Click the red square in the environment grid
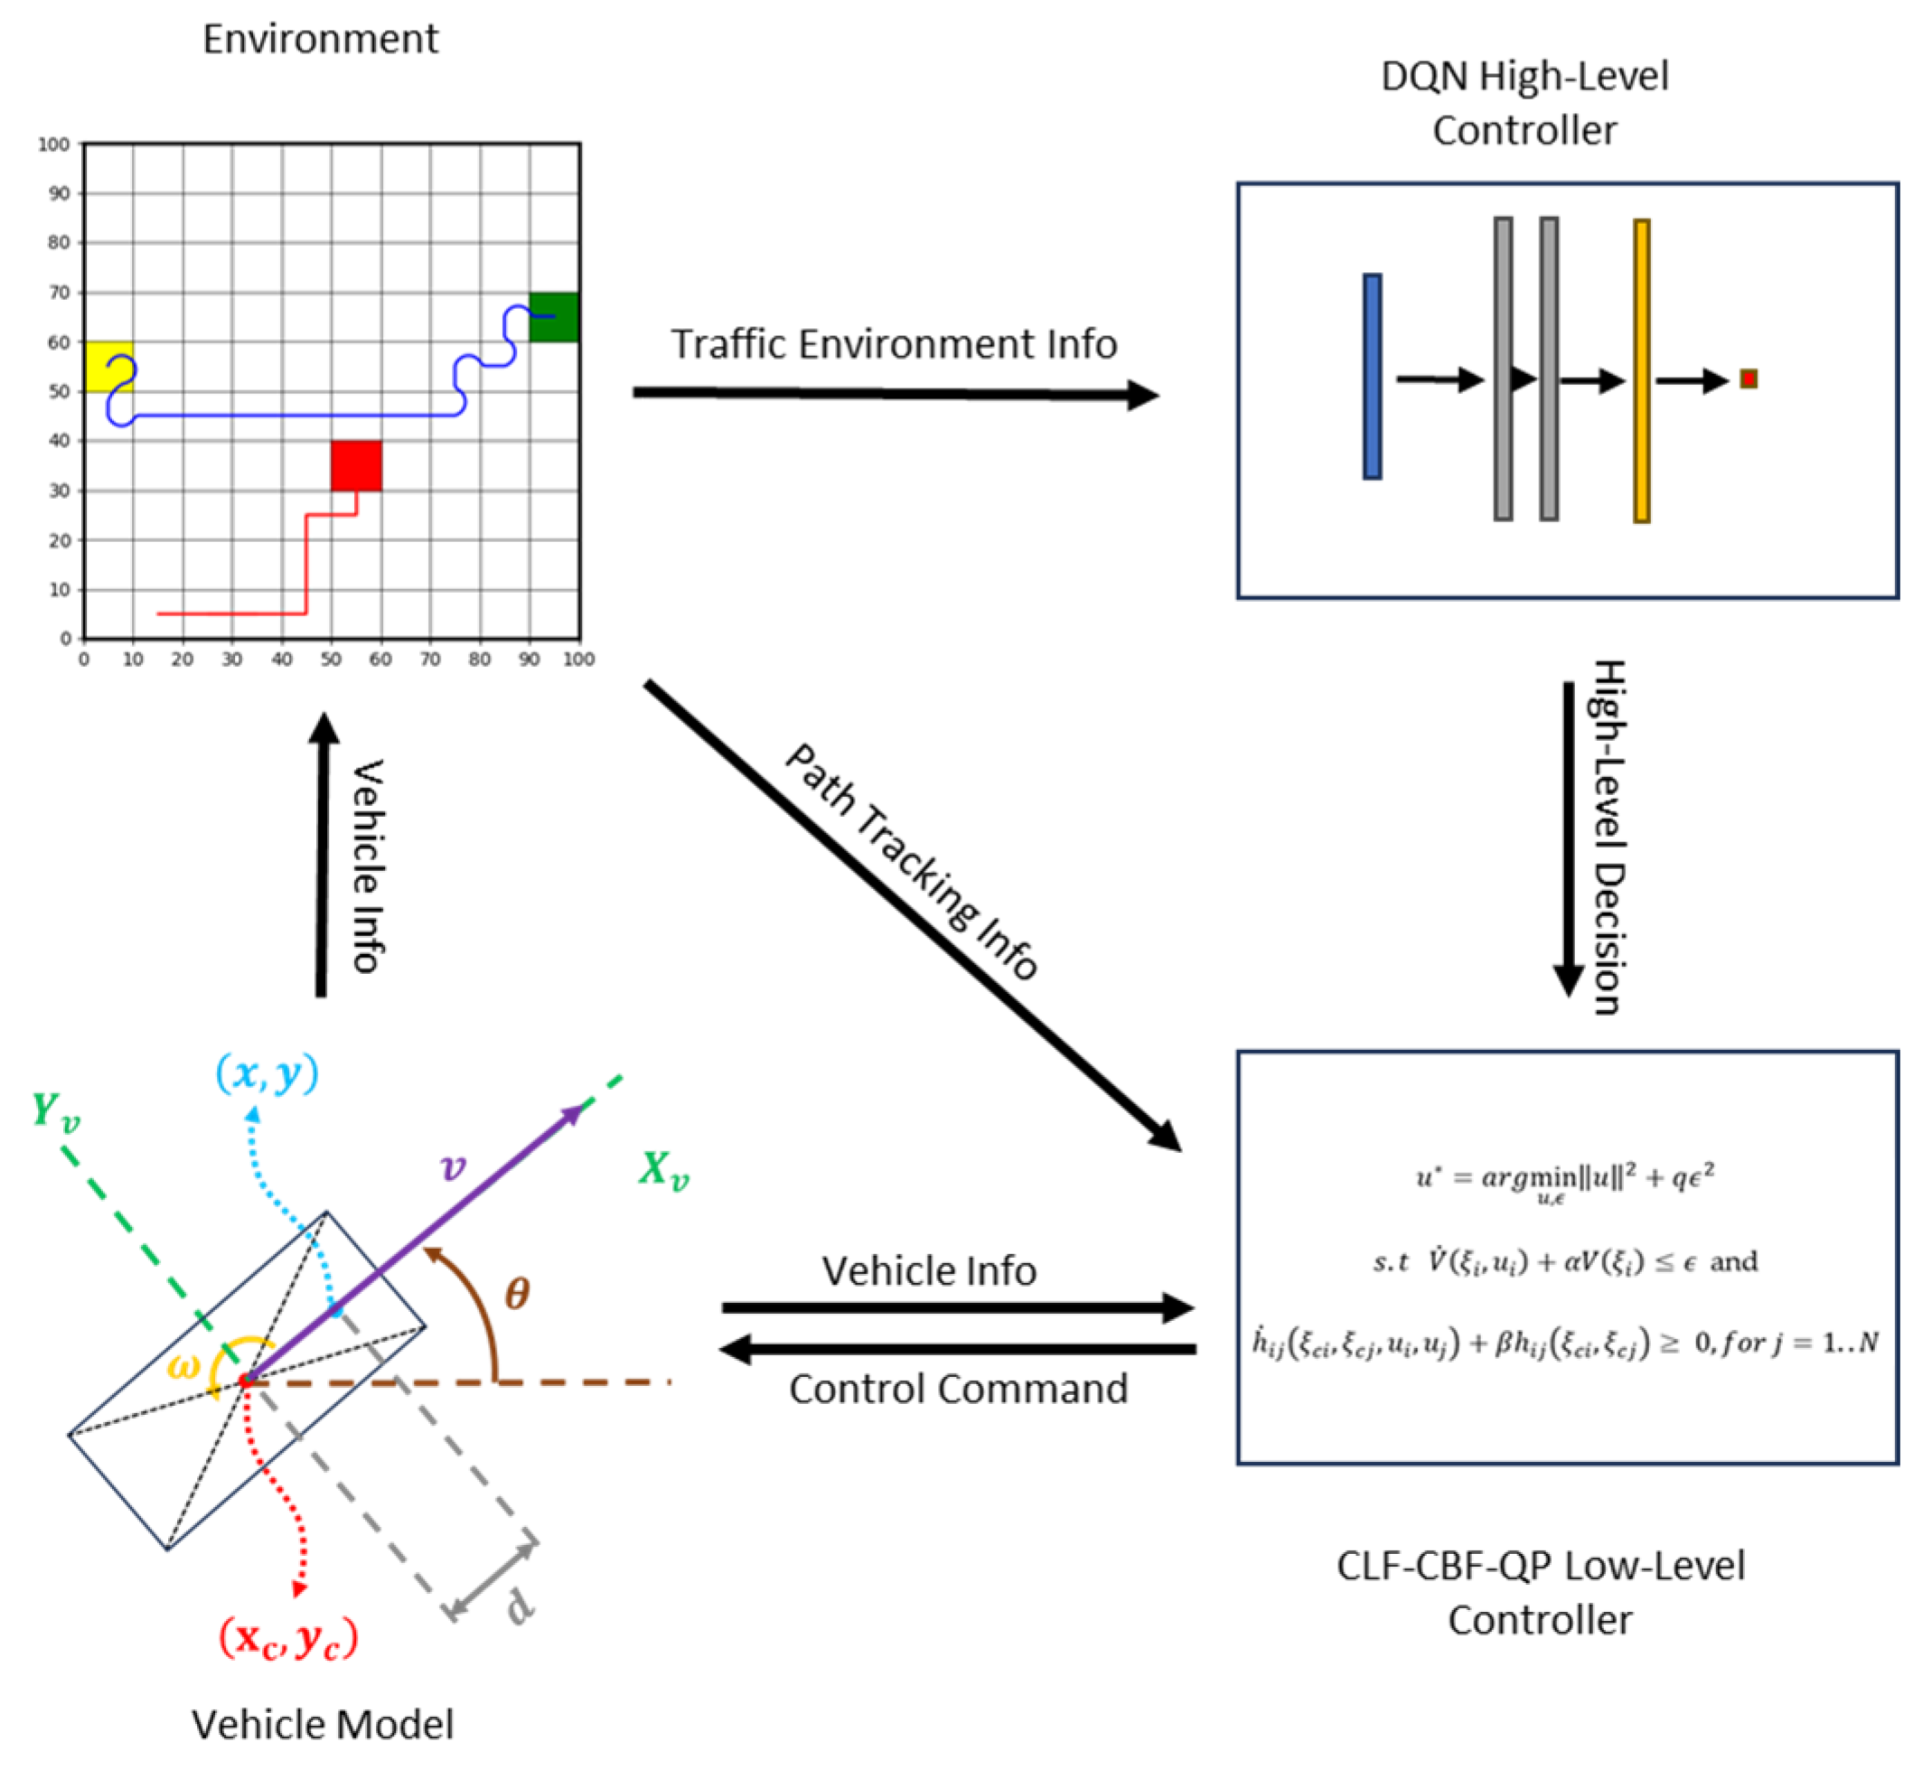357,465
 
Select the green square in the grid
554,317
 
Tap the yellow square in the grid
108,367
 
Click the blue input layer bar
1373,377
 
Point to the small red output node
1749,379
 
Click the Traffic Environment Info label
893,344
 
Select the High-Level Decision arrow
1569,838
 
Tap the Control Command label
959,1389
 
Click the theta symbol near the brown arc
518,1295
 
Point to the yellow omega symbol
183,1365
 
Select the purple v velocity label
453,1166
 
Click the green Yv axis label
56,1110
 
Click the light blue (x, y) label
267,1073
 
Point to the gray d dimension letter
520,1606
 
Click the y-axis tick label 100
53,145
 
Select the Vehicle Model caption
322,1724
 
